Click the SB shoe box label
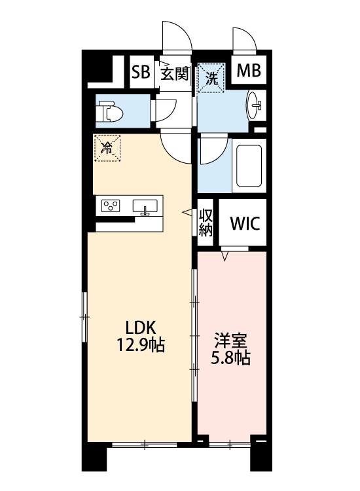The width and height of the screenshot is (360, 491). click(141, 72)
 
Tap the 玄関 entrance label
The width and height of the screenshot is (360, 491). click(175, 74)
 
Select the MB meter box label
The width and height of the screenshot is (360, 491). click(249, 71)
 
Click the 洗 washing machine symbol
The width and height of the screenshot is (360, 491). click(211, 78)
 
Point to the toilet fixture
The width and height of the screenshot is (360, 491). click(109, 111)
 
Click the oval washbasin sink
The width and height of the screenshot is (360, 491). click(255, 105)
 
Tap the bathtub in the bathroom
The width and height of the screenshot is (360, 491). click(249, 166)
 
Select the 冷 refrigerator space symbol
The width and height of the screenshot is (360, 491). click(107, 148)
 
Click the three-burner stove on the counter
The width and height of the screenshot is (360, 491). click(111, 206)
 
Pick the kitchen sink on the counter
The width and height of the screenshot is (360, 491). click(145, 207)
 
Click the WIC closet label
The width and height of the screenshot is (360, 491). click(245, 223)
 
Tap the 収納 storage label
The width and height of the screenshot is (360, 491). click(206, 223)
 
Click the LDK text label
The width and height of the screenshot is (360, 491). click(141, 328)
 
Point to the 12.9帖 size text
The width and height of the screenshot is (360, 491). click(141, 346)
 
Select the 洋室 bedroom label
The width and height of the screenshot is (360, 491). click(230, 341)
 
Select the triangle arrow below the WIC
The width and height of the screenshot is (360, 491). click(225, 256)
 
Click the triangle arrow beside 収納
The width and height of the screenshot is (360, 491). click(187, 212)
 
